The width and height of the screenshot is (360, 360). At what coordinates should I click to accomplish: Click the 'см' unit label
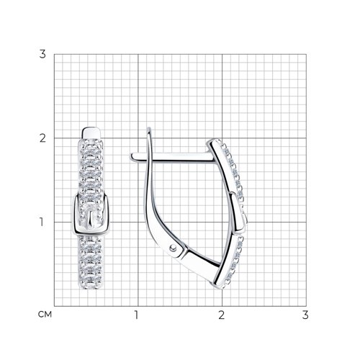pyautogui.click(x=45, y=314)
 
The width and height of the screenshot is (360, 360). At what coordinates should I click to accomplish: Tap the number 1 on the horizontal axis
pyautogui.click(x=136, y=315)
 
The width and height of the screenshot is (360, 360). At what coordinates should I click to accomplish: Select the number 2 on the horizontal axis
pyautogui.click(x=221, y=315)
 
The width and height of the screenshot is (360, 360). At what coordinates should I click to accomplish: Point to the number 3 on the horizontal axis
pyautogui.click(x=305, y=315)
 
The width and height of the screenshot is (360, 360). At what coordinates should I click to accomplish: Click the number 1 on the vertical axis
pyautogui.click(x=42, y=222)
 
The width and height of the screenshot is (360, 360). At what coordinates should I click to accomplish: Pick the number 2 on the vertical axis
pyautogui.click(x=42, y=138)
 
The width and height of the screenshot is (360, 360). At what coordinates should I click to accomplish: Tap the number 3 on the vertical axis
pyautogui.click(x=42, y=54)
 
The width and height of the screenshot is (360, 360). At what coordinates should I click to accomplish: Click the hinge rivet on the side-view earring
pyautogui.click(x=173, y=248)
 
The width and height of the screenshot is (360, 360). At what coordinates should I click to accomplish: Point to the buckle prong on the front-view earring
pyautogui.click(x=91, y=219)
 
